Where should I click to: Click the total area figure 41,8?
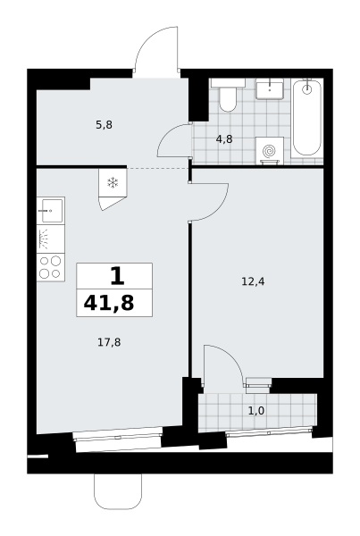(109, 303)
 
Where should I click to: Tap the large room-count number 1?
(117, 276)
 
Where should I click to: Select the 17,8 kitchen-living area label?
(109, 342)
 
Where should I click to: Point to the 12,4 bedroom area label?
(253, 281)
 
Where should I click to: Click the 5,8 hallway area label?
(104, 125)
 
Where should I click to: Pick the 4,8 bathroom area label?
(224, 139)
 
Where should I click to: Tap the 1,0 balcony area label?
(256, 411)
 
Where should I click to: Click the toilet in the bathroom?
(228, 95)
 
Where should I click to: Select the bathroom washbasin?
(270, 88)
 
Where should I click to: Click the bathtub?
(307, 118)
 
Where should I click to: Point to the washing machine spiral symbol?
(269, 150)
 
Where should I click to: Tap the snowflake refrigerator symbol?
(113, 183)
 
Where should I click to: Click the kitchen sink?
(51, 211)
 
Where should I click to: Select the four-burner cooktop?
(51, 267)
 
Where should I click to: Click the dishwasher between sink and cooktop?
(51, 239)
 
